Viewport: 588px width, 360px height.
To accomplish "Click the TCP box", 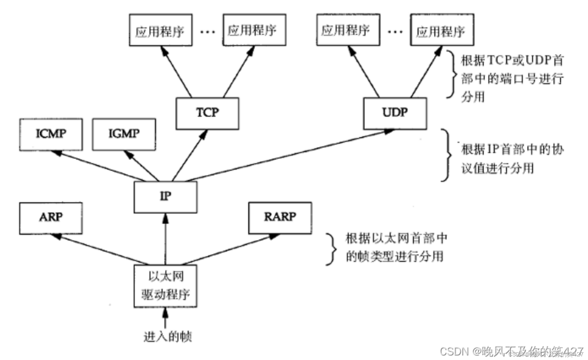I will point(207,113).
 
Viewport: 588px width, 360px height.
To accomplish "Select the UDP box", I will point(395,113).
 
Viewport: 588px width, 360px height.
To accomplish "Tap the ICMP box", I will point(51,134).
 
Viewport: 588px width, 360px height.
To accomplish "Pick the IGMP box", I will point(124,134).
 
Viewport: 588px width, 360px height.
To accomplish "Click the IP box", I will point(165,197).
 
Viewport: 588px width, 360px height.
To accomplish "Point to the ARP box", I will point(51,218).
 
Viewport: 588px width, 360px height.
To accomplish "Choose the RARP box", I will point(280,218).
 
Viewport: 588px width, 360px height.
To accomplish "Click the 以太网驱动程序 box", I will point(165,286).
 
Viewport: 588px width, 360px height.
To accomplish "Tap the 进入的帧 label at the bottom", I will point(168,337).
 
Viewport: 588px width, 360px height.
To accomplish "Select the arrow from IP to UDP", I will point(288,155).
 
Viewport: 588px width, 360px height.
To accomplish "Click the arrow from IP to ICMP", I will point(97,165).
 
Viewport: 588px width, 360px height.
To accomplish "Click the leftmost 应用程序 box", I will point(161,30).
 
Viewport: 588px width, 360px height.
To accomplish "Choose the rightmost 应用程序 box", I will point(442,30).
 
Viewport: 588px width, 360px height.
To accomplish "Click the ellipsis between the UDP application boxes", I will point(395,31).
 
